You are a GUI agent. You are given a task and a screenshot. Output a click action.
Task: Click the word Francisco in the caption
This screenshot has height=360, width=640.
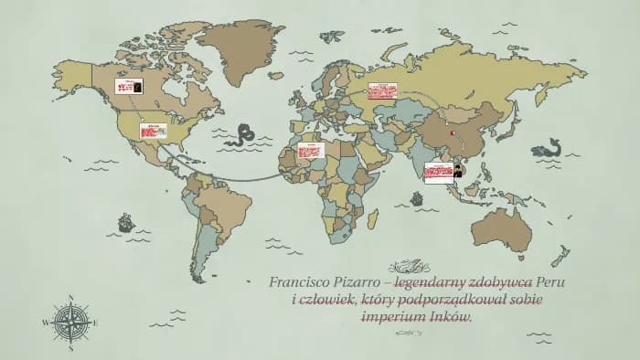click(300, 282)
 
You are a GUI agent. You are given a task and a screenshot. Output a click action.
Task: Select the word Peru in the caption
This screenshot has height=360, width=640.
click(550, 282)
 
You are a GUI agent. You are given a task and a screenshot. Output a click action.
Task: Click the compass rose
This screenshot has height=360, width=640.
click(71, 322)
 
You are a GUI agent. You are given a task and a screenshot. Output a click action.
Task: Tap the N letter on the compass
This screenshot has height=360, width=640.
click(71, 298)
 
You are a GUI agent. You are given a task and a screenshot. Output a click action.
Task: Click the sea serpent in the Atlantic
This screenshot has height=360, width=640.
click(242, 134)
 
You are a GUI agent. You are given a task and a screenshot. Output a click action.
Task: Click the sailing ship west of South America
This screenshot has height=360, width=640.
click(124, 222)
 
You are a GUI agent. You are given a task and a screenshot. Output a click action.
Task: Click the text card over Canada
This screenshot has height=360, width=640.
click(127, 86)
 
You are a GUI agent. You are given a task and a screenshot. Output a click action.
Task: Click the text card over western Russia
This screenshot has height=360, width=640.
click(382, 91)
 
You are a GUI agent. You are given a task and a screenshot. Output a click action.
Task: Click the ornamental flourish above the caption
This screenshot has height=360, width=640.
click(409, 267)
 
